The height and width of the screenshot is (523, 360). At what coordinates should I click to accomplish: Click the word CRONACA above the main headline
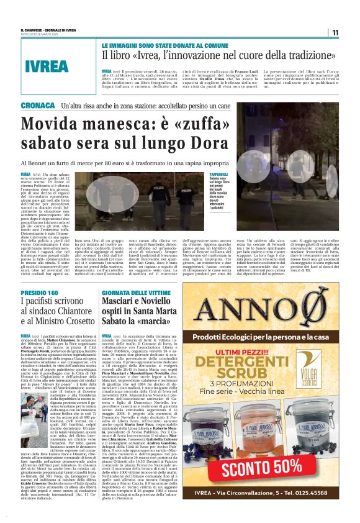click(x=37, y=106)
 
